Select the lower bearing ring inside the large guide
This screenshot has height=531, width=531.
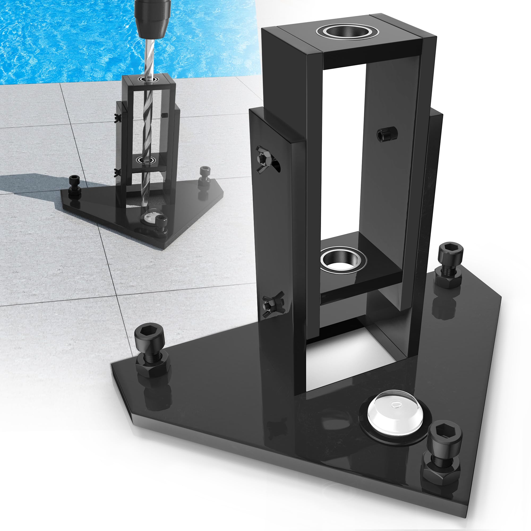point(343,260)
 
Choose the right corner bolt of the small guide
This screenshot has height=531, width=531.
point(204,176)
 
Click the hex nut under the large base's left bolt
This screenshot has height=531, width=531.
point(153,366)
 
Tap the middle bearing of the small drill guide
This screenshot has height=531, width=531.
point(146,160)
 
